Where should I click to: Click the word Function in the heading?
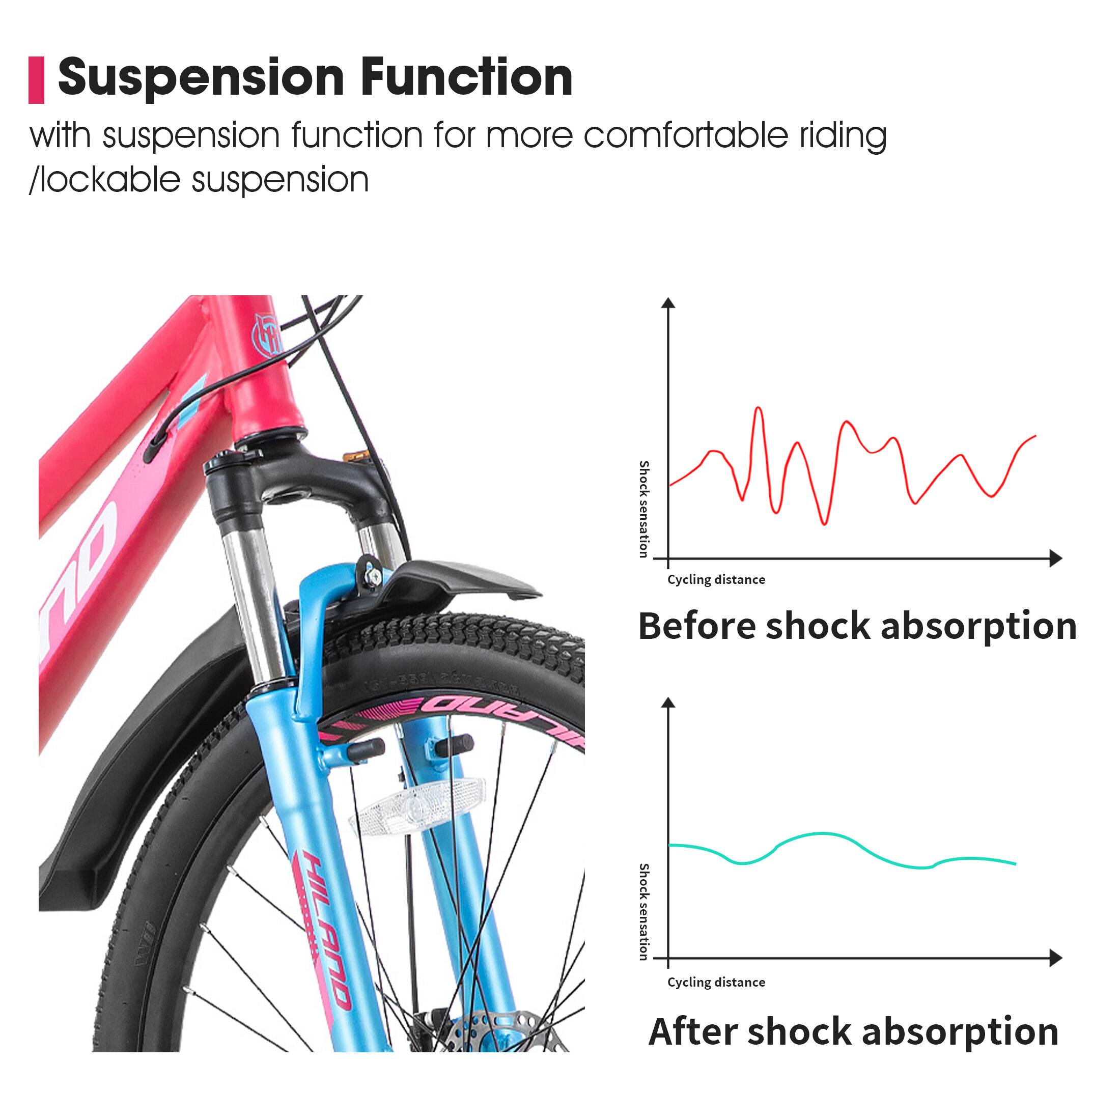pos(466,78)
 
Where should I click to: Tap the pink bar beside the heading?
pos(37,80)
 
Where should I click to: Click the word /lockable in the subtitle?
pos(104,180)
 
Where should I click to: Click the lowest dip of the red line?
pos(824,523)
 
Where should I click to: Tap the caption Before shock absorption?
pos(857,626)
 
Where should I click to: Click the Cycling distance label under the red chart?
pos(716,580)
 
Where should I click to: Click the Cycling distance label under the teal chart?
pos(716,982)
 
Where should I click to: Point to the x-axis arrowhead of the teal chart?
pos(1056,958)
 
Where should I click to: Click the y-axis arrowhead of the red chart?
pos(668,302)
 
